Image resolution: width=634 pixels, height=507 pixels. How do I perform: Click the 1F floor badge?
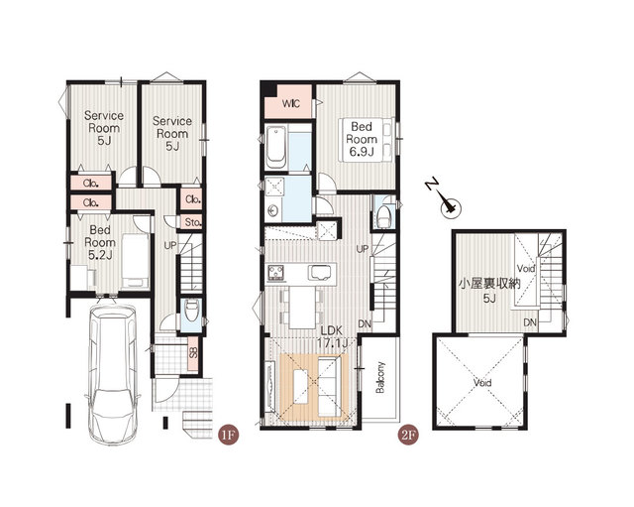coord(228,436)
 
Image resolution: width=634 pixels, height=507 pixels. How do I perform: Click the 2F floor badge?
coord(407,436)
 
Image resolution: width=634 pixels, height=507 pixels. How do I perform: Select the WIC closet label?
coord(290,103)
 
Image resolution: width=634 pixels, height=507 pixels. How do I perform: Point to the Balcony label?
coord(380,377)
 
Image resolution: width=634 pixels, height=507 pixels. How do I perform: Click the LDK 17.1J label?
coord(332,337)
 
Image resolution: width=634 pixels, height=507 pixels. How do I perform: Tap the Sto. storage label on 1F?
coord(193,222)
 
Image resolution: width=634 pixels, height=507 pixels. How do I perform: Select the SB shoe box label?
coord(193,353)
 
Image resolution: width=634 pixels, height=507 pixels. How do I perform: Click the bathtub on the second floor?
coord(276,147)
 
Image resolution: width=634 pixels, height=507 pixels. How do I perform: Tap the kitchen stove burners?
coord(275,273)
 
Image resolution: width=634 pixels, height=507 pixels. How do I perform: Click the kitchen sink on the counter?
coord(320,273)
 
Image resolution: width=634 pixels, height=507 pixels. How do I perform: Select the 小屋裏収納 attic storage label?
coord(488,284)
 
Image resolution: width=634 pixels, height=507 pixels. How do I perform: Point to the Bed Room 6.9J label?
coord(362,139)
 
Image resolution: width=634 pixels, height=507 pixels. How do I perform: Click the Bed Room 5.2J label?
coord(100,242)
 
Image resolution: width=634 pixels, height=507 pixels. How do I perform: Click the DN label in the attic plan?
coord(530,322)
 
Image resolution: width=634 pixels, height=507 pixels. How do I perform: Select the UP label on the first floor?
coord(170,245)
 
